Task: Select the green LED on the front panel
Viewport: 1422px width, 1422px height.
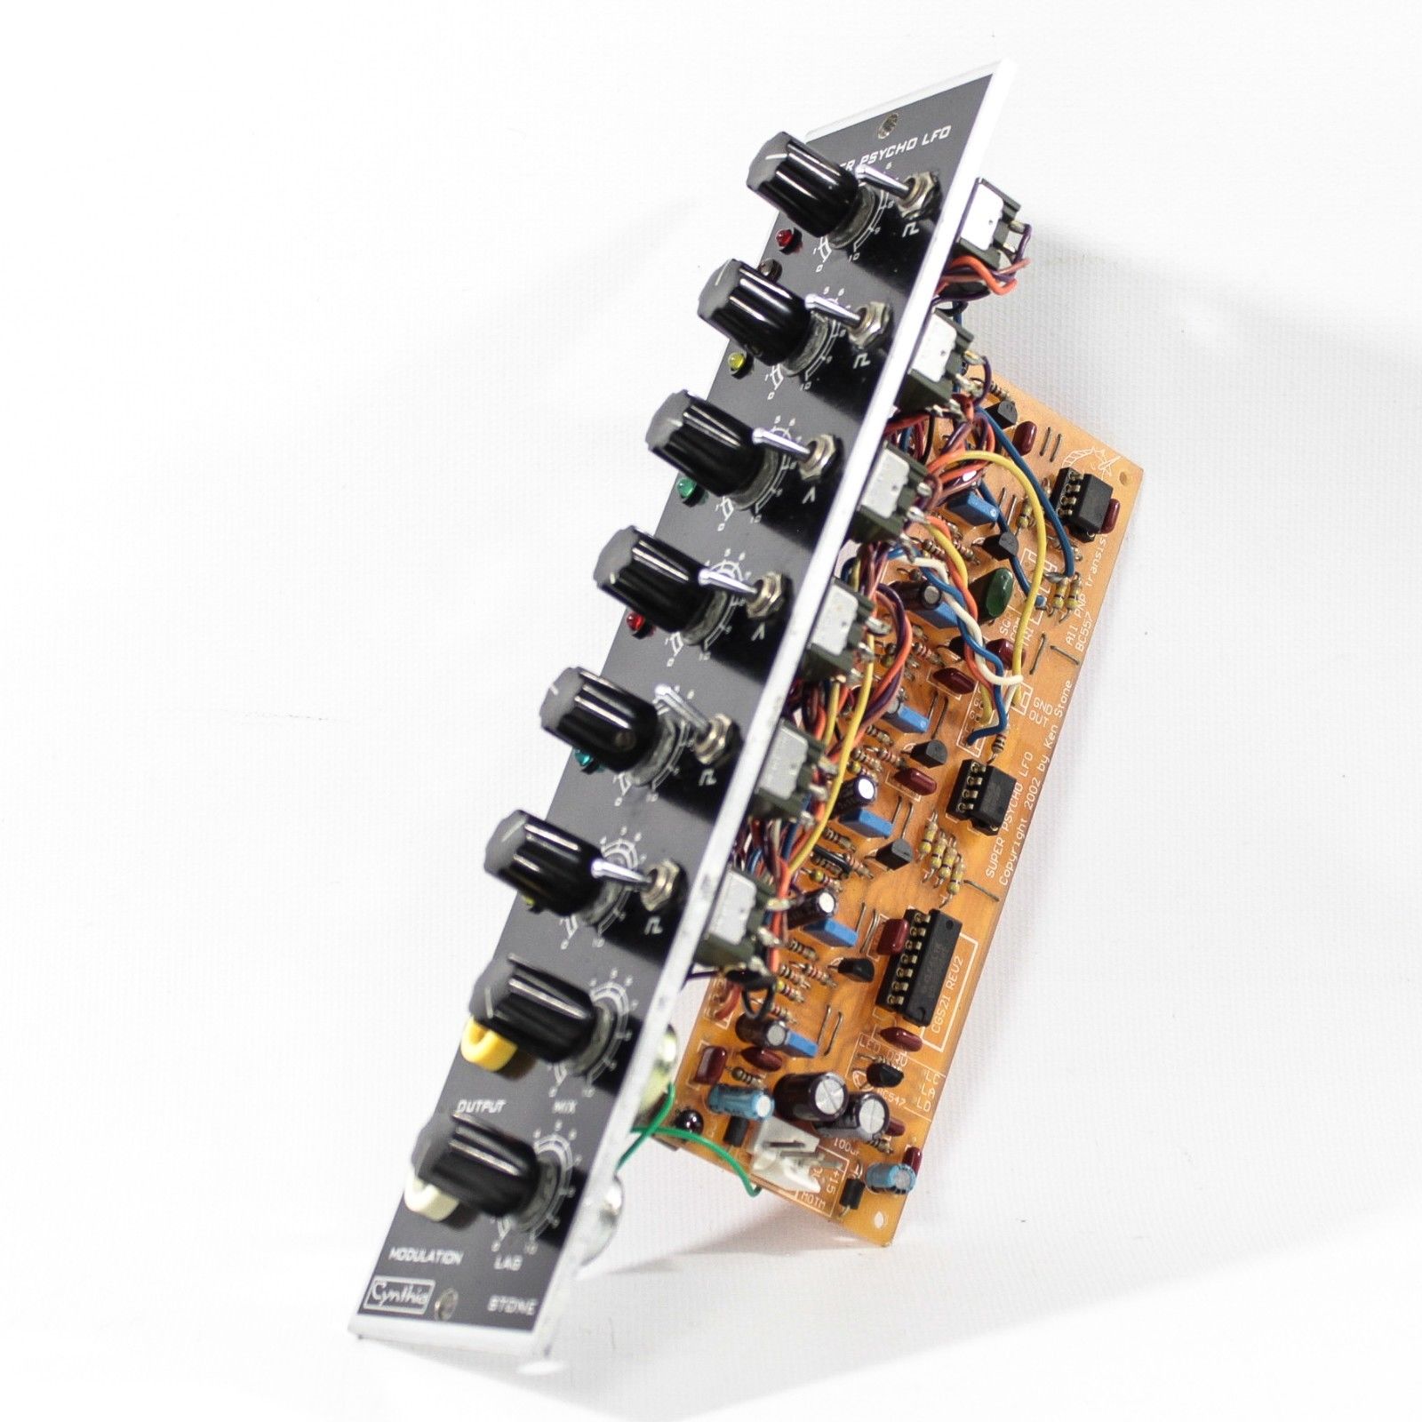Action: (x=685, y=488)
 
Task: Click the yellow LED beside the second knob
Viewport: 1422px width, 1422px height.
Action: (x=737, y=361)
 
